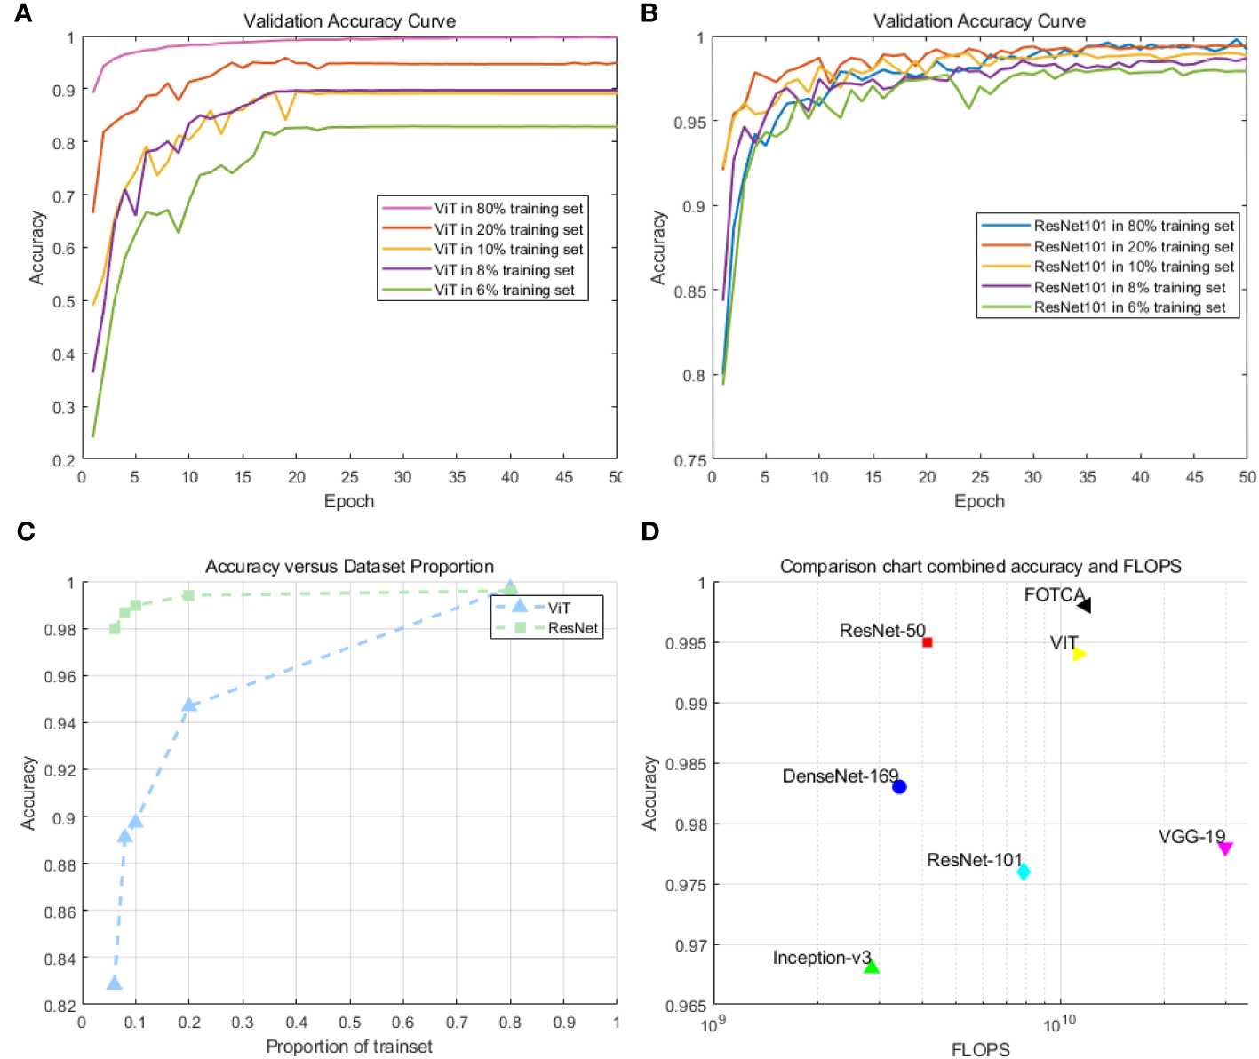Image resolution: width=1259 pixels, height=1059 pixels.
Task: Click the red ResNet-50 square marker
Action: click(x=927, y=641)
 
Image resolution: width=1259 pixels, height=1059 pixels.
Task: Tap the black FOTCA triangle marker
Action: click(x=1084, y=605)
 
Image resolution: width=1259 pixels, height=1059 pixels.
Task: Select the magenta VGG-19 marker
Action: click(x=1225, y=849)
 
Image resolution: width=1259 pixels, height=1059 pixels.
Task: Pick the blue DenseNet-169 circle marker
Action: click(x=899, y=786)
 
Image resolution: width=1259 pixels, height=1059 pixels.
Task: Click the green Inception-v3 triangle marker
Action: click(x=872, y=967)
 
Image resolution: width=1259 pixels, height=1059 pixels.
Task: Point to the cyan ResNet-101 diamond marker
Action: click(x=1024, y=872)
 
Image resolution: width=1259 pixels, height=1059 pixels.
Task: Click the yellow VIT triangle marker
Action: click(x=1080, y=654)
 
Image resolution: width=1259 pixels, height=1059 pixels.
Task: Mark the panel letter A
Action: click(x=24, y=13)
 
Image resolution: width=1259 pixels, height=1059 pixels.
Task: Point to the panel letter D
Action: click(x=650, y=531)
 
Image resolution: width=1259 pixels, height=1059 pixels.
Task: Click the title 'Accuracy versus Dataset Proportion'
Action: click(x=349, y=566)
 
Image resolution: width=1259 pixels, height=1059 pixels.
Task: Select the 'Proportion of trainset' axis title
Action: click(x=349, y=1047)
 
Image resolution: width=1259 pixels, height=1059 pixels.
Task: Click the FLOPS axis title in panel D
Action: click(x=980, y=1049)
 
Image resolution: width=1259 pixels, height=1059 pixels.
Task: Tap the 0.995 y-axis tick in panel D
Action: click(x=685, y=643)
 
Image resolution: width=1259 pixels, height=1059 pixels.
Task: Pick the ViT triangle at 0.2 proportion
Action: click(x=189, y=705)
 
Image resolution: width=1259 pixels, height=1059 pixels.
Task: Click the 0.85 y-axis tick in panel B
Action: click(x=689, y=291)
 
